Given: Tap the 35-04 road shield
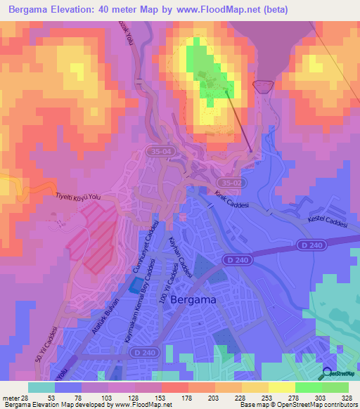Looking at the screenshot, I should pos(160,151).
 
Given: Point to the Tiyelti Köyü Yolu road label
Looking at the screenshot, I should pos(79,199).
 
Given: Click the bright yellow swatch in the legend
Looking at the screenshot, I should pos(282,387).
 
